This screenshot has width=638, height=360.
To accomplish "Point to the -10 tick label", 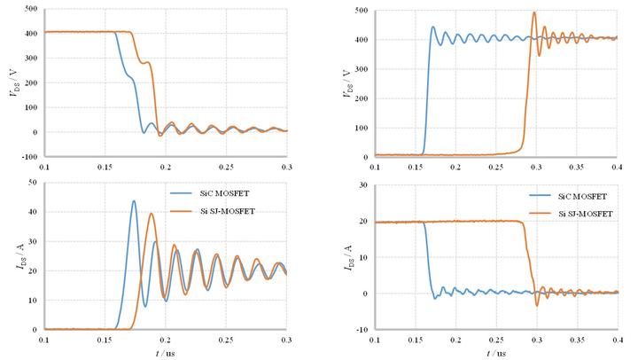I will pyautogui.click(x=362, y=330).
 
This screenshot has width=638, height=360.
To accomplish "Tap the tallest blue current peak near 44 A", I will pyautogui.click(x=134, y=200).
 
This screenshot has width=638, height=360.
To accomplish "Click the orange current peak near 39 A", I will pyautogui.click(x=152, y=213).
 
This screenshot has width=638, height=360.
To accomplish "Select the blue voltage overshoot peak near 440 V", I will pyautogui.click(x=432, y=27).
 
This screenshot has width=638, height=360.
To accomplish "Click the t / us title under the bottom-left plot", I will pyautogui.click(x=166, y=352).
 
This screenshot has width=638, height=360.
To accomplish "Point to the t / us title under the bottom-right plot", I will pyautogui.click(x=495, y=352).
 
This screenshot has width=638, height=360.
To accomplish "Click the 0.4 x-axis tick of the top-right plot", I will pyautogui.click(x=618, y=166).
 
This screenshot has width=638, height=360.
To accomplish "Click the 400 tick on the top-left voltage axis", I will pyautogui.click(x=32, y=32).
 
